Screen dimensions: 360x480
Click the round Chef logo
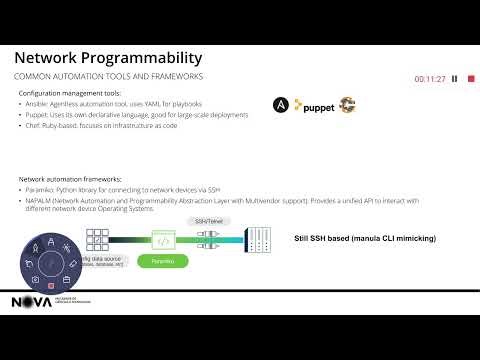click(347, 104)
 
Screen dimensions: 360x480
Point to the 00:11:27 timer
click(429, 79)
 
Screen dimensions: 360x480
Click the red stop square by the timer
click(469, 79)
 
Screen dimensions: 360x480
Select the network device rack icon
click(257, 239)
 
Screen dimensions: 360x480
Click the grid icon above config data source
click(97, 239)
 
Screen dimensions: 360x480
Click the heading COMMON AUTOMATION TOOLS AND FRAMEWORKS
click(108, 77)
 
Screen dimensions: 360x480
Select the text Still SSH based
click(319, 239)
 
